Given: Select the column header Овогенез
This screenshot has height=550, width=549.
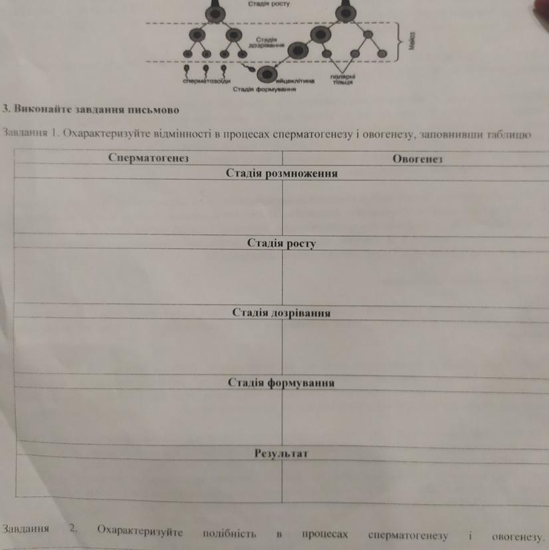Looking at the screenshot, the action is [x=417, y=159].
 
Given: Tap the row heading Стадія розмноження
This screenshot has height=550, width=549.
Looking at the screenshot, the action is [x=282, y=174].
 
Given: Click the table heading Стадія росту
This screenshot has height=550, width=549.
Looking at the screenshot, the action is [x=281, y=243].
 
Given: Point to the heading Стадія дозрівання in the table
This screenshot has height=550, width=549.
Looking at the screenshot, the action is [x=282, y=313].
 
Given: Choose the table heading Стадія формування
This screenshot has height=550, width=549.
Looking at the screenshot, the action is [x=281, y=383].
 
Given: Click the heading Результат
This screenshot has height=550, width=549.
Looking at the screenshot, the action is [x=281, y=454].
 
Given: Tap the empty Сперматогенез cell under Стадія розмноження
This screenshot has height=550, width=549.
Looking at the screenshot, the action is [x=148, y=206].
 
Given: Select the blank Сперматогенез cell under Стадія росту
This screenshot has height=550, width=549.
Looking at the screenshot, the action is [x=148, y=276].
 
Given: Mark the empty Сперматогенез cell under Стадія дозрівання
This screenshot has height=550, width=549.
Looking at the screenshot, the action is [x=148, y=346].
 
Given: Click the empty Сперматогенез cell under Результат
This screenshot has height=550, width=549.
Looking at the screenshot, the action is [x=148, y=482].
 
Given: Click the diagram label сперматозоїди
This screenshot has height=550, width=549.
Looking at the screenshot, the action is [x=206, y=81].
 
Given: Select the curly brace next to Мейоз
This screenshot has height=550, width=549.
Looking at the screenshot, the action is [x=399, y=41].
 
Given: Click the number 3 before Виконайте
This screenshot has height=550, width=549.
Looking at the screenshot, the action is [x=5, y=108].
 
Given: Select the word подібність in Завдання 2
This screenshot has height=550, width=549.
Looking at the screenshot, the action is [x=229, y=533].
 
